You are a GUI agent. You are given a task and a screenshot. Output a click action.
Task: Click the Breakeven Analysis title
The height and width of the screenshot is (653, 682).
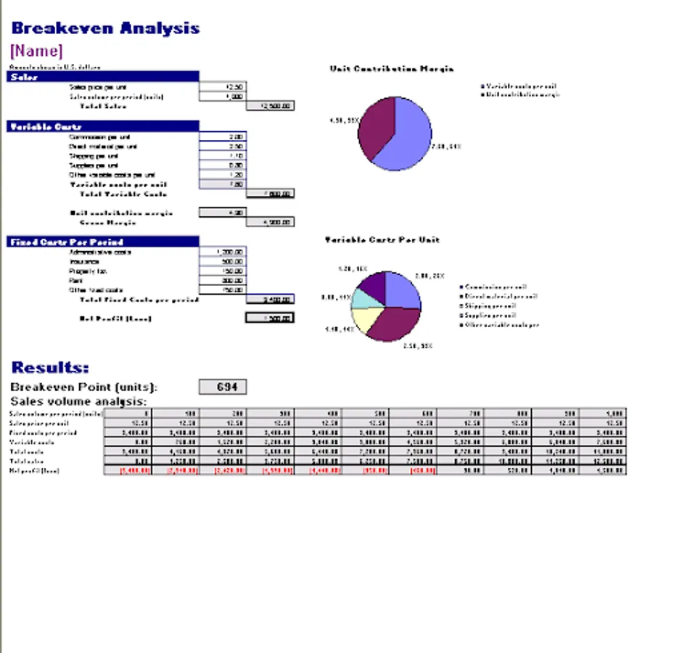click(105, 28)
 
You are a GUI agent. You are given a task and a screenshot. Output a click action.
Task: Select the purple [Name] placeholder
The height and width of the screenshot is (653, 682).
click(36, 51)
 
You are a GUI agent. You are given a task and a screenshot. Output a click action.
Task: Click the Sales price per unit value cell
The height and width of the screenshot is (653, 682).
click(222, 86)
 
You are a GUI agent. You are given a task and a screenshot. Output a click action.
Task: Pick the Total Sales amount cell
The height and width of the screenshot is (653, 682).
click(270, 106)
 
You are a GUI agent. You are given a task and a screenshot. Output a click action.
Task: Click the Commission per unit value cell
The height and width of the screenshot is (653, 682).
click(222, 136)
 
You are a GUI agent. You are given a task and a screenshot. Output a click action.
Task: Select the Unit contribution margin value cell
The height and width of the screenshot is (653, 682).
click(222, 213)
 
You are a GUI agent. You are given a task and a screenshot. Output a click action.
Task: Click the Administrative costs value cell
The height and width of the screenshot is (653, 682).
click(222, 252)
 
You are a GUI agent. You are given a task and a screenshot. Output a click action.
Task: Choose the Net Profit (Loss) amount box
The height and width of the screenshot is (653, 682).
click(270, 318)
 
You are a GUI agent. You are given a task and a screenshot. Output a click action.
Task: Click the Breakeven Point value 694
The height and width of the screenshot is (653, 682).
click(223, 387)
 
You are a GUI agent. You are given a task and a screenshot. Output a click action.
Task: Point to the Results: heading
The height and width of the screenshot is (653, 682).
click(50, 367)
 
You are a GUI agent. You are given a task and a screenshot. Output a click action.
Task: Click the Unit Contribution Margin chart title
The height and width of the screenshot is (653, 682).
click(392, 69)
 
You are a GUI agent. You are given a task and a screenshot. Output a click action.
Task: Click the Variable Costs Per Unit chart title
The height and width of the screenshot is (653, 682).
click(382, 239)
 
